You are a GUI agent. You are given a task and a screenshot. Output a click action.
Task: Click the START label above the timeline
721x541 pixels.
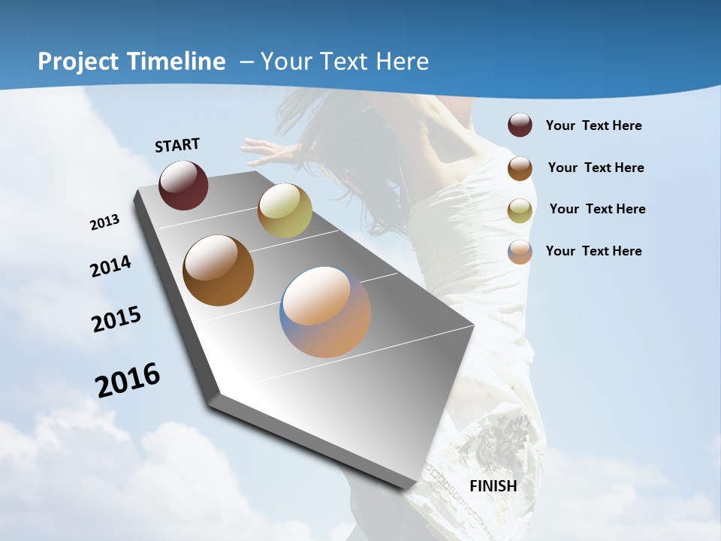(177, 144)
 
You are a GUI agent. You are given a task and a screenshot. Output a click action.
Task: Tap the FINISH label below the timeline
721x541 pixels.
(493, 485)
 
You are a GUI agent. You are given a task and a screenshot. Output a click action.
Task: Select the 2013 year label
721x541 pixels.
(104, 222)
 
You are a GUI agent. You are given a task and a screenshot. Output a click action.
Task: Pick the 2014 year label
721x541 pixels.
(110, 266)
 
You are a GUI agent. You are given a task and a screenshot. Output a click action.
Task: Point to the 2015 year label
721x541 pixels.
(116, 319)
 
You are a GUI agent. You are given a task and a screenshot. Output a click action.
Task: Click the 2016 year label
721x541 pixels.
(128, 380)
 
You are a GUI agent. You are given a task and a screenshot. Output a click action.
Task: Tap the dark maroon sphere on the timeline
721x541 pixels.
(183, 185)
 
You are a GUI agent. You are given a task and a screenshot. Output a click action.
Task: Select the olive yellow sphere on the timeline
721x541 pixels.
(285, 210)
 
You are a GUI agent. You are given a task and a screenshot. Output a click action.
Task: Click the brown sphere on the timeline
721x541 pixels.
(218, 270)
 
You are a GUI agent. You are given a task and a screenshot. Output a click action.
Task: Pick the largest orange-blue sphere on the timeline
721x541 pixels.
(325, 312)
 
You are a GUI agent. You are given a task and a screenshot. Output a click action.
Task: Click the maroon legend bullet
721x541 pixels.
(520, 125)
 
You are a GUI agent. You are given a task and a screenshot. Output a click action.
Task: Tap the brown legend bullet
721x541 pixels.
(520, 168)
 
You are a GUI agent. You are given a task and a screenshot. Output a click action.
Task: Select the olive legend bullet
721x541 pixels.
(520, 210)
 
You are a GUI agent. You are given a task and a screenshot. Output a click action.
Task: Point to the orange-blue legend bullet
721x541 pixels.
(520, 252)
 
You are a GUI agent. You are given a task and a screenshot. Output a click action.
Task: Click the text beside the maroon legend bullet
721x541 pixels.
(593, 125)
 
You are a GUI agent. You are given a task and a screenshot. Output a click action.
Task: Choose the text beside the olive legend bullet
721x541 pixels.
(597, 209)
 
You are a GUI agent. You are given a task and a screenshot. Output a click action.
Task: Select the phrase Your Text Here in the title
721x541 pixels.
(345, 61)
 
